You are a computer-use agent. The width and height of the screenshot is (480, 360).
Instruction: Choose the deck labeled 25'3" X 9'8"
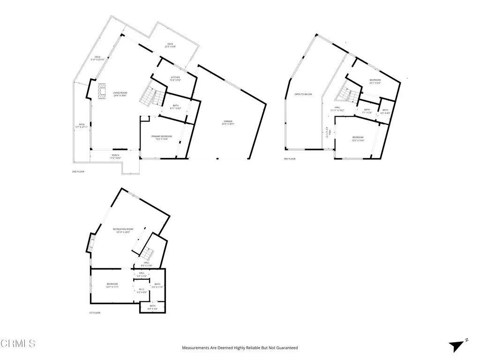point(169,45)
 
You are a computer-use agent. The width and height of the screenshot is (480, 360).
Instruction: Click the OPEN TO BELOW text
point(303,94)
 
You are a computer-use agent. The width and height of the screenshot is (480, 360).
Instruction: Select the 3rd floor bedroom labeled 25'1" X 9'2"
point(375,81)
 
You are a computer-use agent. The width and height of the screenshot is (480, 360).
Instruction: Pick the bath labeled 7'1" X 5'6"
point(367,111)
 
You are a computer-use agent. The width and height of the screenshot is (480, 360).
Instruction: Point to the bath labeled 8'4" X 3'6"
point(152,307)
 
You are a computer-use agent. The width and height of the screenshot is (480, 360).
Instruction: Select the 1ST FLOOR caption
point(95,313)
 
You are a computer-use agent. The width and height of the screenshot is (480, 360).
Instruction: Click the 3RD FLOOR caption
point(289,159)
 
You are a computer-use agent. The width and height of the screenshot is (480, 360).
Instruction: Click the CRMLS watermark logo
point(18,344)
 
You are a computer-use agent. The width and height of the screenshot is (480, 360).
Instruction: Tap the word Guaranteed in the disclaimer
point(286,348)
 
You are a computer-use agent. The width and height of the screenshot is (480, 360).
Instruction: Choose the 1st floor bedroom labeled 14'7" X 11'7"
point(112,285)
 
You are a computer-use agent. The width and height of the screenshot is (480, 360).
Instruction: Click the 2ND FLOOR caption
point(77,172)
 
